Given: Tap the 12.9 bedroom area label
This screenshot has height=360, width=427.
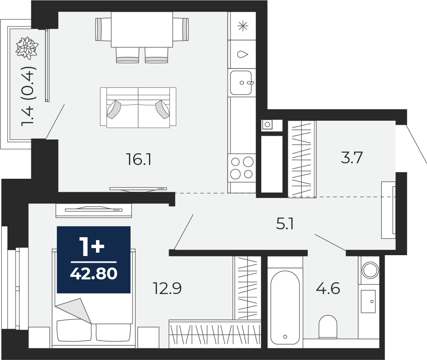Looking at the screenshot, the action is pyautogui.click(x=167, y=288).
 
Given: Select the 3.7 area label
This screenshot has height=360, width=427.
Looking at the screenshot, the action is pyautogui.click(x=352, y=157).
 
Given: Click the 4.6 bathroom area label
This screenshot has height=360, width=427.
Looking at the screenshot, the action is pyautogui.click(x=328, y=288).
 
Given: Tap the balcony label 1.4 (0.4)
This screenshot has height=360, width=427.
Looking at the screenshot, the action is pyautogui.click(x=28, y=96).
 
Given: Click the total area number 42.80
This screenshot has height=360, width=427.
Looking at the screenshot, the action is pyautogui.click(x=93, y=274).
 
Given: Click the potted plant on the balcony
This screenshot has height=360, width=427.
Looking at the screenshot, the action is pyautogui.click(x=27, y=48).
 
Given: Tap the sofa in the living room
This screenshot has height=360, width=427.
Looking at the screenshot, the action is pyautogui.click(x=138, y=107).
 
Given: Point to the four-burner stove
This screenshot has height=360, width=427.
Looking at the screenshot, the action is pyautogui.click(x=242, y=168).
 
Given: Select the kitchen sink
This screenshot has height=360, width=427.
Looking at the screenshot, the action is pyautogui.click(x=241, y=83).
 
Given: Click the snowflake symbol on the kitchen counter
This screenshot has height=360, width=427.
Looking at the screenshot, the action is pyautogui.click(x=243, y=26).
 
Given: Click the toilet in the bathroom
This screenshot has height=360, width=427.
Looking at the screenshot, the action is pyautogui.click(x=328, y=327).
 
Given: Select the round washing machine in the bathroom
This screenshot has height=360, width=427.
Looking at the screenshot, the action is pyautogui.click(x=370, y=270).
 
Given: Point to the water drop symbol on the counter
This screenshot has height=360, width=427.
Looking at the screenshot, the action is pyautogui.click(x=243, y=54).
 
